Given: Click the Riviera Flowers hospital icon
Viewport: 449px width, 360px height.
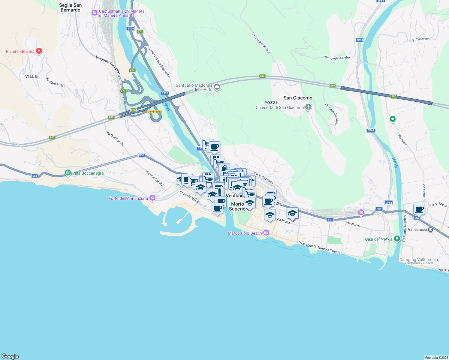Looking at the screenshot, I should pos(39,51).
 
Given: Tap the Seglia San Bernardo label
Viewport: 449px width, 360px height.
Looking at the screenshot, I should pos(71,7).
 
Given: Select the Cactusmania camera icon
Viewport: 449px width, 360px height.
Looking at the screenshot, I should pos(95,13).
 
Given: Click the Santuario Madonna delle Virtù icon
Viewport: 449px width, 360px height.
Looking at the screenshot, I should pos(217,87).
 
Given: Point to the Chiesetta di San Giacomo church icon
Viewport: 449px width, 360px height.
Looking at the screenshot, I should pos(308,107).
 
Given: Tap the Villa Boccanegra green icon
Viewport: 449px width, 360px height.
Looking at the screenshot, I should pos(68,173).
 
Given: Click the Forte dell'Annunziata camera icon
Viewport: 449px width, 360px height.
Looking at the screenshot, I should pos(152,198).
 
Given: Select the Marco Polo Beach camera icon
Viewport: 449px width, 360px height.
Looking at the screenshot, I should pos(266,232).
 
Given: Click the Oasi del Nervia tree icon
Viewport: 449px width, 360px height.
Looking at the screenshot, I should pos(397,239).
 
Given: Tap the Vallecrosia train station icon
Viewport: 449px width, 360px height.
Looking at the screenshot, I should pos(431,229).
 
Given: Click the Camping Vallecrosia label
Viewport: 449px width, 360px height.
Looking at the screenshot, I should pos(418,260).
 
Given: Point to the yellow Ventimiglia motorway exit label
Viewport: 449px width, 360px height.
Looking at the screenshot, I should pos(155,112).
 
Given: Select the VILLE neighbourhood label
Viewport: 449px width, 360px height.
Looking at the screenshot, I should pos(31,76).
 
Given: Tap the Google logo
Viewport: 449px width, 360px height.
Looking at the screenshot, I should pos(10,356).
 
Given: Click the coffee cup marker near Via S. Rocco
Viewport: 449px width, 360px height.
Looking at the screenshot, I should pos(419,209).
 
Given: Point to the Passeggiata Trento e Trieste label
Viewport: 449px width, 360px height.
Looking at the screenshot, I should pos(320,247).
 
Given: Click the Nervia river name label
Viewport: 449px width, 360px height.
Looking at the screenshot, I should pos(395,163).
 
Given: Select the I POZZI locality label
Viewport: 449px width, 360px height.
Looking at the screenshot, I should pos(269,103).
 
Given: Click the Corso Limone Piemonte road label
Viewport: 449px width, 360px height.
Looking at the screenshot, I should pos(159,62).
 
